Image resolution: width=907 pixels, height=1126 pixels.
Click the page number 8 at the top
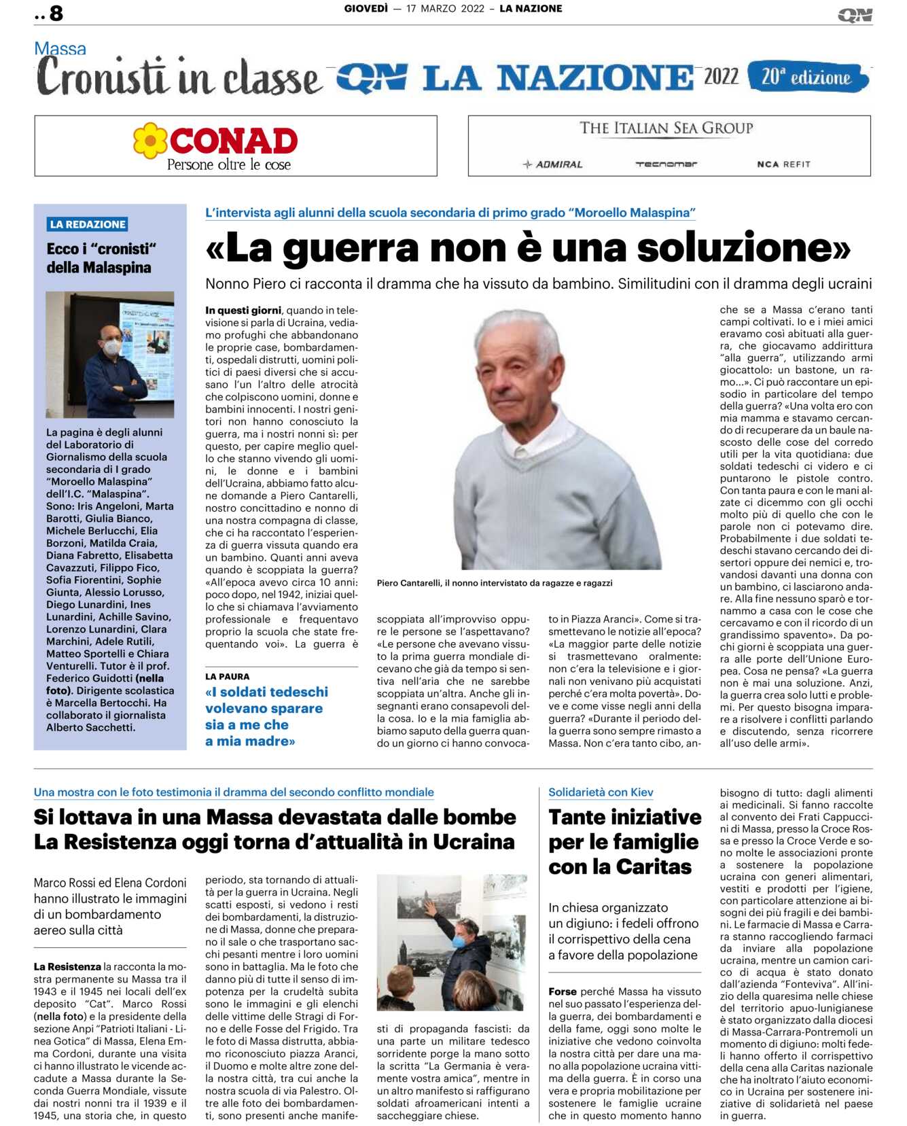56,14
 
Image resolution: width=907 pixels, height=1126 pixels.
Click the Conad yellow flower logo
150,141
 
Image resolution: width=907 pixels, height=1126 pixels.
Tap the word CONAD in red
233,141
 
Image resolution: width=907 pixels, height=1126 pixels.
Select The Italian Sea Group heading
666,128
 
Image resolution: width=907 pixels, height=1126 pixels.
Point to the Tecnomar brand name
666,164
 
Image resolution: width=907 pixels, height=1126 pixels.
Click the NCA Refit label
783,164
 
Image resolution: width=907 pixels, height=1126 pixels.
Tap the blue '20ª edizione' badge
807,77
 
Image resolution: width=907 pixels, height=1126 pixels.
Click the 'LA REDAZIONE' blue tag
88,224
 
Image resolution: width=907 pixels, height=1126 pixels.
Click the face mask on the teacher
112,347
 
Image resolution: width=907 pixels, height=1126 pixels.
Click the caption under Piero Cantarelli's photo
495,583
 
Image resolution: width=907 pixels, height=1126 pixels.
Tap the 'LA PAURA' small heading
228,677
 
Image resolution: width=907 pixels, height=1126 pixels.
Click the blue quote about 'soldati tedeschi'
266,716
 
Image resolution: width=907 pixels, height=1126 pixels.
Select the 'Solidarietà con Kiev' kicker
601,792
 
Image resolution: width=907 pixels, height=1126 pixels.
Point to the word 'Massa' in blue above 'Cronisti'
60,49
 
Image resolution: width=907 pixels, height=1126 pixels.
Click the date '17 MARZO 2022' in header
445,9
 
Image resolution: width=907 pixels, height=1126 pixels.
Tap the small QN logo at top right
855,15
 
